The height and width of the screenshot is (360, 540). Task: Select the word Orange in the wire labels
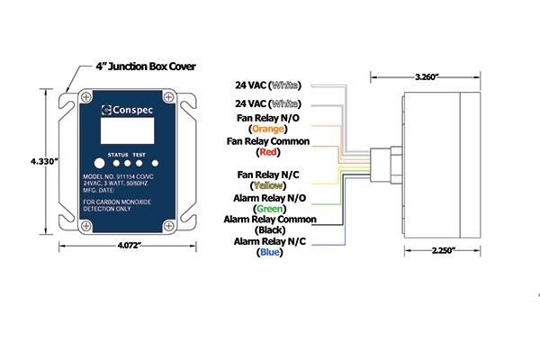click(x=275, y=127)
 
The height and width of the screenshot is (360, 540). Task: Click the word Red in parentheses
click(x=275, y=153)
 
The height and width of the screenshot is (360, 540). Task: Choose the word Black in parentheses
click(x=275, y=229)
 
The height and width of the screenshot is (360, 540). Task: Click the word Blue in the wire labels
click(x=275, y=253)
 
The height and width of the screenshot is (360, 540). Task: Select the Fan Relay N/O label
click(x=275, y=116)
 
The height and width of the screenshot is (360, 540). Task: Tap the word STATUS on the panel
click(x=118, y=155)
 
